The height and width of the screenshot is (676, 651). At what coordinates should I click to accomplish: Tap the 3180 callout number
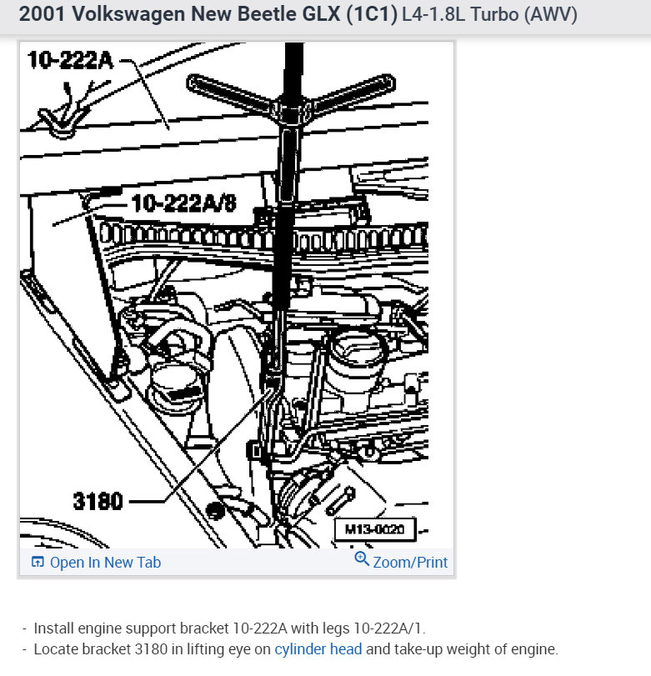[98, 501]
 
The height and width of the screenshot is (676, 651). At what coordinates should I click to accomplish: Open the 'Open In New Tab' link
[105, 563]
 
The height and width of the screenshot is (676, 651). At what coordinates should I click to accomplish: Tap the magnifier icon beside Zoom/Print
[362, 560]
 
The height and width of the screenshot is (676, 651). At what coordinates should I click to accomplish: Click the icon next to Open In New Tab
[38, 563]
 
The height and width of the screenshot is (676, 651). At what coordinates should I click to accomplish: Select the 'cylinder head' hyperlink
[318, 649]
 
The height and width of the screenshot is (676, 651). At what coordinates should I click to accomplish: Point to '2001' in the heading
[38, 15]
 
